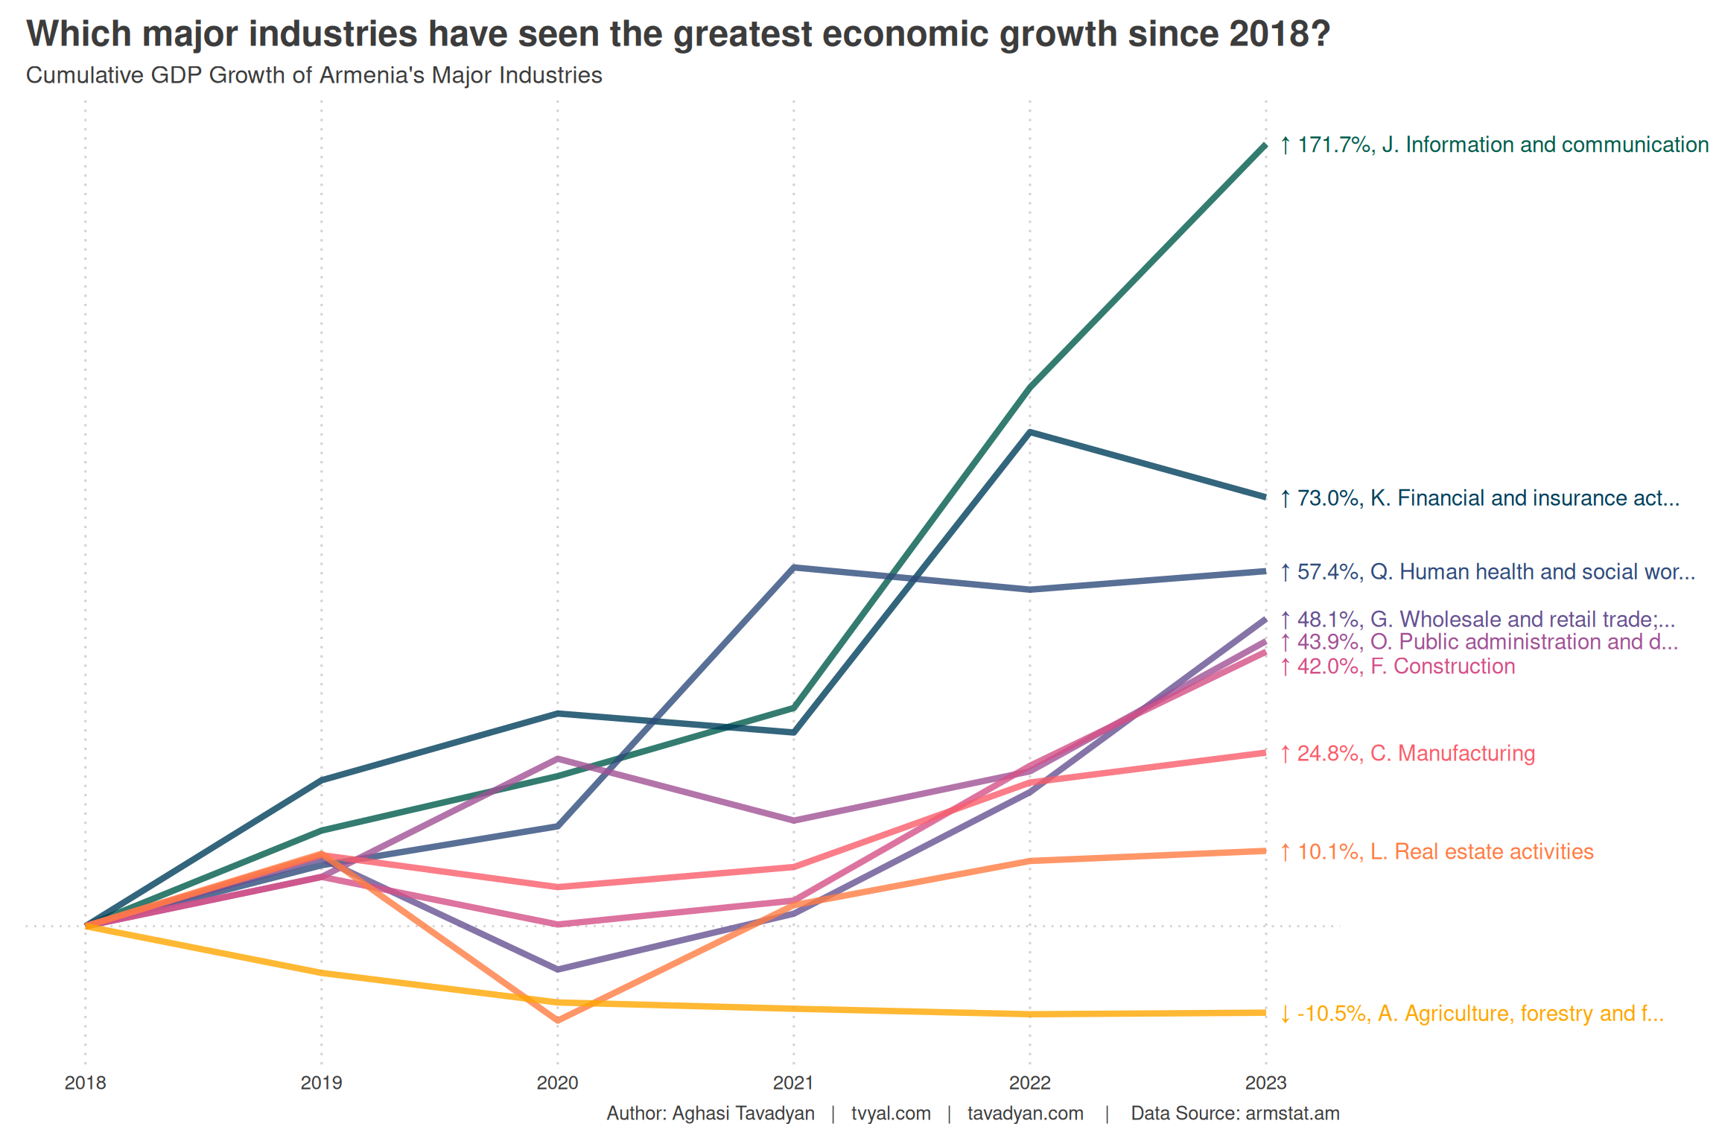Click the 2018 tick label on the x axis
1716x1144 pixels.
[85, 1082]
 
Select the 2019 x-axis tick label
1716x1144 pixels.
[321, 1082]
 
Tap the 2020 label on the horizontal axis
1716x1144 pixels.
[557, 1082]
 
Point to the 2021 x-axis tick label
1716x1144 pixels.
[793, 1082]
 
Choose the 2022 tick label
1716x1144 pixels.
[1029, 1082]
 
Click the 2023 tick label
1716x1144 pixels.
[1265, 1082]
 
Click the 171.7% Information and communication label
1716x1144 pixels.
[1493, 144]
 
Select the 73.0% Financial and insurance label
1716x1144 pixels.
[1479, 498]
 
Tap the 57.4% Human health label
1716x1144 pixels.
[1487, 571]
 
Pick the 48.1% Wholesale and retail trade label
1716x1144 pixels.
[1477, 619]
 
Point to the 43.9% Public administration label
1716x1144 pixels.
[1478, 641]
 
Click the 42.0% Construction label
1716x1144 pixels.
[1397, 666]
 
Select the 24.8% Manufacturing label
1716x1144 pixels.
[1407, 753]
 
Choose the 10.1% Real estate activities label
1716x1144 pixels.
[1436, 851]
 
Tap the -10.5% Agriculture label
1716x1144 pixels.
[1471, 1014]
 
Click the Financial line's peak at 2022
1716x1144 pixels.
[1029, 432]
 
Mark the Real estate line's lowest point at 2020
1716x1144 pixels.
[557, 1020]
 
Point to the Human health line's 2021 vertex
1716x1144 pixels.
[794, 568]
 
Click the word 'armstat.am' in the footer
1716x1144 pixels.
[1292, 1113]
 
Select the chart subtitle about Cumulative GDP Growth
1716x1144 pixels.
[314, 75]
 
